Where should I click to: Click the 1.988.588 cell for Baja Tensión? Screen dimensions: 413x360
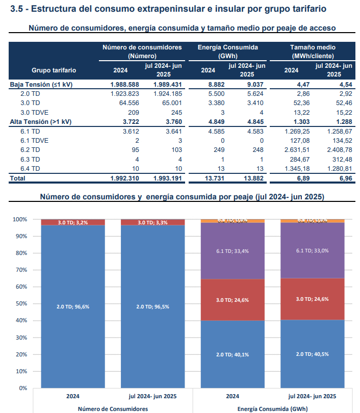tap(124, 85)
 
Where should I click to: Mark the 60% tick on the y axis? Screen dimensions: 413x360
tap(20, 287)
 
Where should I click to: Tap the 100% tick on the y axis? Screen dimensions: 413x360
tap(19, 219)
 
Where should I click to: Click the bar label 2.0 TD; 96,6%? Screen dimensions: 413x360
tap(73, 306)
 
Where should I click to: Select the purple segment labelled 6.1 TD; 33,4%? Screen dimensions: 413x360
tap(233, 251)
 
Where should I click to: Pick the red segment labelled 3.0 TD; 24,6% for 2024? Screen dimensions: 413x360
tap(233, 300)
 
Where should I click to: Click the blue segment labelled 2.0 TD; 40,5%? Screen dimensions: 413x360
tap(312, 354)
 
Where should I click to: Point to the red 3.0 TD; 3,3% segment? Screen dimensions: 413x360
tap(152, 222)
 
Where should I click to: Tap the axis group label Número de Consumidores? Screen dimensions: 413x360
tap(113, 408)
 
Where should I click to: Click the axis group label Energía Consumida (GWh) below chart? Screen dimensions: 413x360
tap(272, 408)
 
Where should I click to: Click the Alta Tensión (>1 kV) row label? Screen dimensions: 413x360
tap(41, 122)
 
